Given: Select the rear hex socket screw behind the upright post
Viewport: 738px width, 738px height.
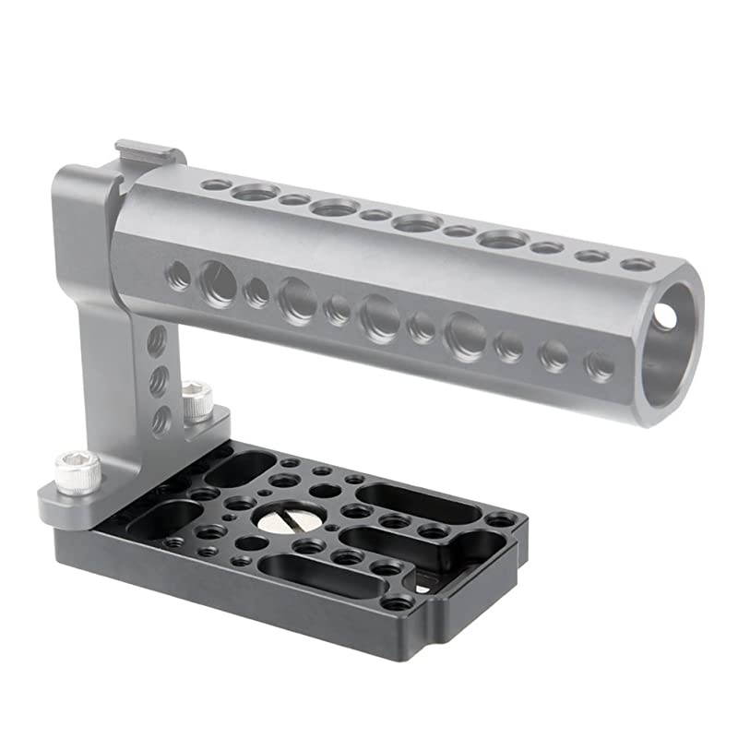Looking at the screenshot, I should pyautogui.click(x=196, y=401).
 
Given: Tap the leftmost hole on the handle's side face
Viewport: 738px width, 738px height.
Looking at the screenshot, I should pyautogui.click(x=179, y=274).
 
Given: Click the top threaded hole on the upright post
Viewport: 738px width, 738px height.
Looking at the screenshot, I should pyautogui.click(x=157, y=340).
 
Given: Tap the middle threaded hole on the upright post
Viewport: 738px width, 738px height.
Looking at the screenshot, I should pyautogui.click(x=159, y=379).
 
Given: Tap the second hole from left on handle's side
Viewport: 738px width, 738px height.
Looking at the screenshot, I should pyautogui.click(x=218, y=282).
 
